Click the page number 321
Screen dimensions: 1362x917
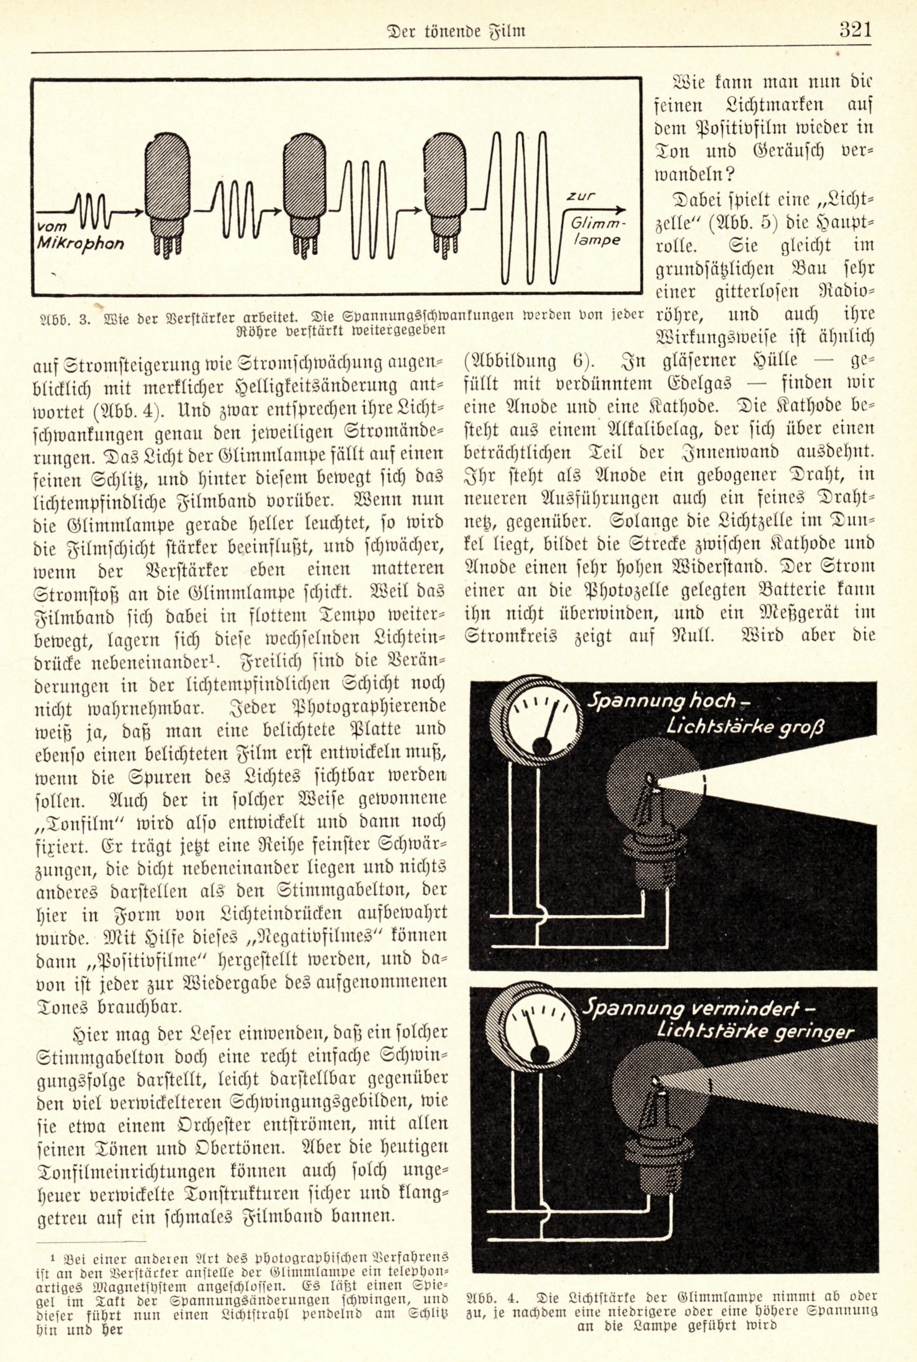pyautogui.click(x=855, y=29)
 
